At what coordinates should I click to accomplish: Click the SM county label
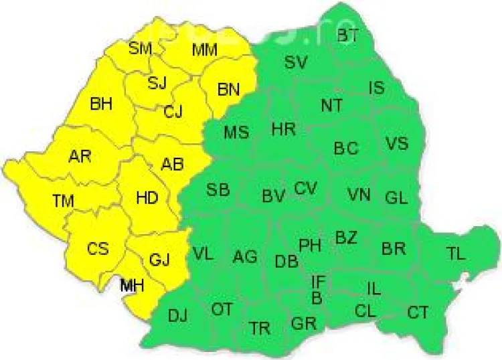[141, 48]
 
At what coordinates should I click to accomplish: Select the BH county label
[101, 104]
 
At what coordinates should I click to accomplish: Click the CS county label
[98, 248]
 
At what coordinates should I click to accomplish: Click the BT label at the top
[347, 35]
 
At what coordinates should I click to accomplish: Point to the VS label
[397, 143]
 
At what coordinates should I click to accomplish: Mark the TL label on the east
[456, 253]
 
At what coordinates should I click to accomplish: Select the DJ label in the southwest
[178, 315]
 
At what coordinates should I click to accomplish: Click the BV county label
[273, 196]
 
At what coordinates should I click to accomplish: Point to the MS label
[236, 132]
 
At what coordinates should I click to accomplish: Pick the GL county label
[396, 198]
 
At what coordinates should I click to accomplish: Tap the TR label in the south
[260, 328]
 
